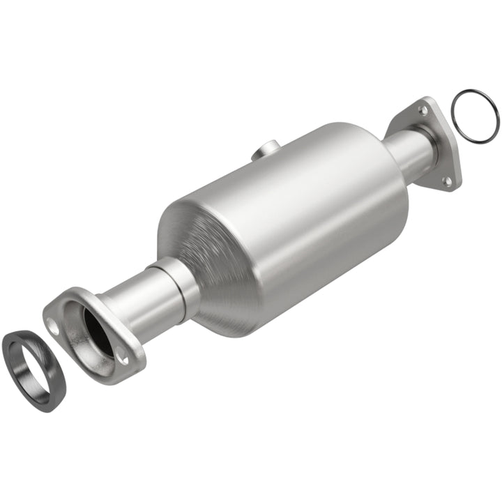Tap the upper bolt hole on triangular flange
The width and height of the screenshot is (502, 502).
[423, 109]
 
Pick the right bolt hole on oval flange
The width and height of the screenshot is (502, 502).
[123, 358]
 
